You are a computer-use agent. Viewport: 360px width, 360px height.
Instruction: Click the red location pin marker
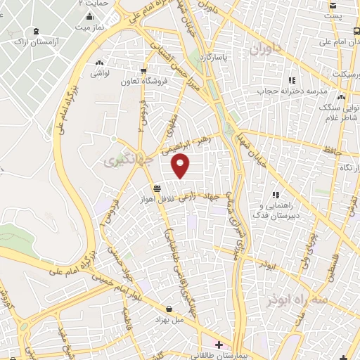point(181,166)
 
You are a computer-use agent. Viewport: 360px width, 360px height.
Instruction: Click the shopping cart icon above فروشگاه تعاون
point(144,70)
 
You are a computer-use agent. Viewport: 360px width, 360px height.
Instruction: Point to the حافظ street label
point(333,150)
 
